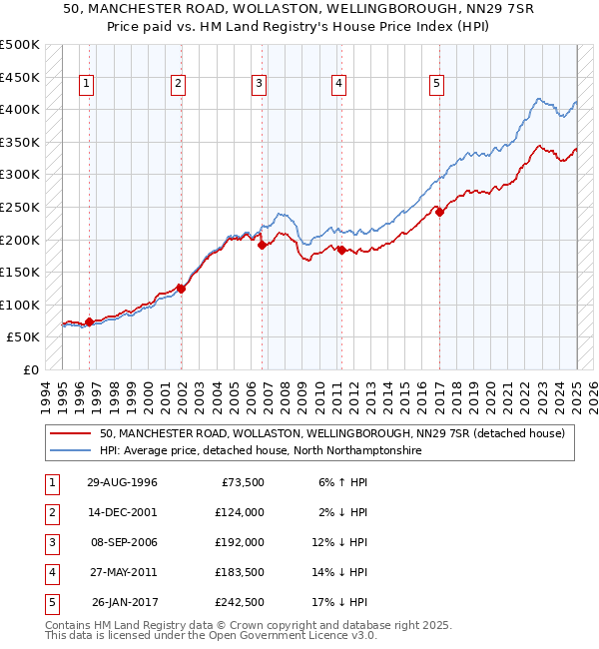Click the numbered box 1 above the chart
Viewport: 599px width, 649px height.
(x=88, y=84)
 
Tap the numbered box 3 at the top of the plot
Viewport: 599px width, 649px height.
(x=259, y=84)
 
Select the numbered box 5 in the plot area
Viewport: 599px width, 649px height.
(x=437, y=84)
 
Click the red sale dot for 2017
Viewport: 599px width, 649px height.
(x=439, y=211)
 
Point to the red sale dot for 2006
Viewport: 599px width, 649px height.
(x=262, y=244)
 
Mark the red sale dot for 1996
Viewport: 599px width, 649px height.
(x=89, y=322)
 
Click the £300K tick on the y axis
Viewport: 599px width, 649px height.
(x=20, y=175)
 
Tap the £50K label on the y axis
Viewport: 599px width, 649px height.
(x=24, y=337)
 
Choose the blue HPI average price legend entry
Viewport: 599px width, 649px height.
(x=261, y=451)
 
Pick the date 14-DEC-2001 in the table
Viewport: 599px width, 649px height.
(x=122, y=512)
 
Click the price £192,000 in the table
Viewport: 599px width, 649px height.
(x=241, y=542)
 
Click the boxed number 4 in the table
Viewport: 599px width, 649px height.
(x=50, y=572)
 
